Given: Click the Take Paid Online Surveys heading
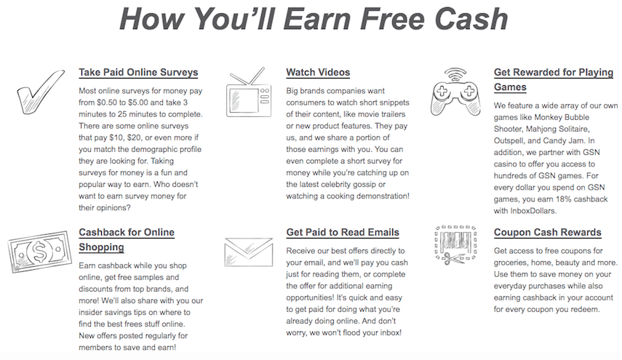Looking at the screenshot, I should (x=138, y=73).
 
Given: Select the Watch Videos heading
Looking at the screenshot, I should (x=318, y=73).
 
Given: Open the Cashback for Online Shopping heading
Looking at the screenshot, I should (x=127, y=239).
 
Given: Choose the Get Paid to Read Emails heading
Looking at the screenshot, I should (x=343, y=233).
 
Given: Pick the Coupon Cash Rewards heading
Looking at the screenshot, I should (x=548, y=233).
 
